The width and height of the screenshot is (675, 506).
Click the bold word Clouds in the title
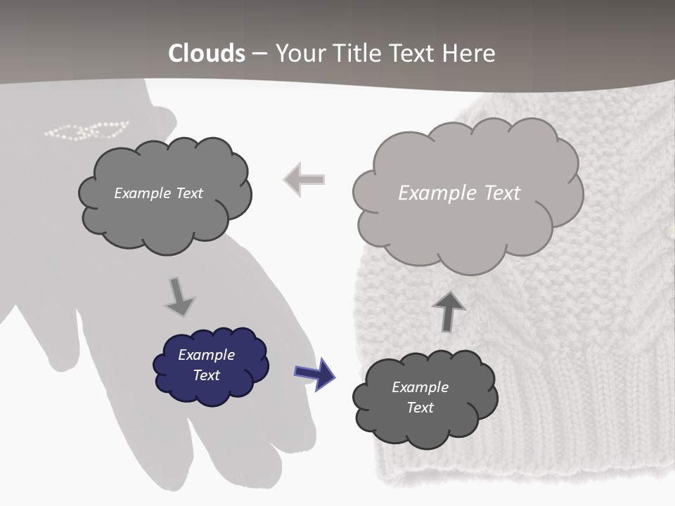[207, 53]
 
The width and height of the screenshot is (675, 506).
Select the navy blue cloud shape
[211, 366]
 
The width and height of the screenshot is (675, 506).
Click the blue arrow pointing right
[314, 373]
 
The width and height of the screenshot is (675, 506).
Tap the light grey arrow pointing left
[304, 179]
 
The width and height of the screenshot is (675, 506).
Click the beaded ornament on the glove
[86, 130]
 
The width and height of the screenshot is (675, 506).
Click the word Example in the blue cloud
[206, 355]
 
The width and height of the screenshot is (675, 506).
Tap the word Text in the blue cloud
[207, 375]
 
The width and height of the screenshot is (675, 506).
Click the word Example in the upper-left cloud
[141, 193]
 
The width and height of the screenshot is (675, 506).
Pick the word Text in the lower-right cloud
[420, 408]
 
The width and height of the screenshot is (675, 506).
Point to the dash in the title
[259, 53]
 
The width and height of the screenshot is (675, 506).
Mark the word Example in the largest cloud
[431, 193]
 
